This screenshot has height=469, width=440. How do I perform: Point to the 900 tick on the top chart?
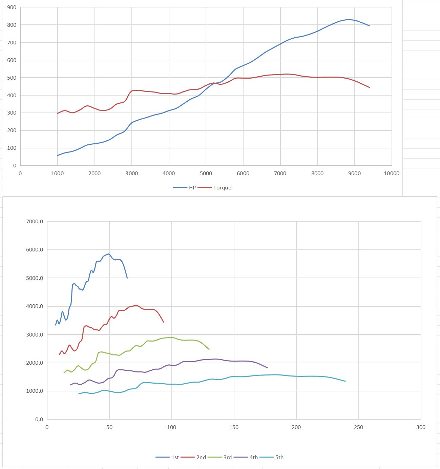pyautogui.click(x=12, y=7)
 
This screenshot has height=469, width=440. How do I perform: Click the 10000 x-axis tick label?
pyautogui.click(x=391, y=173)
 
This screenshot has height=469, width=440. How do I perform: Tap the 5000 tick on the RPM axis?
pyautogui.click(x=206, y=173)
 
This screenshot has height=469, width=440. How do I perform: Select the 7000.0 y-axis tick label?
pyautogui.click(x=35, y=222)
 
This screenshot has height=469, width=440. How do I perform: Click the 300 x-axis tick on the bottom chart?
pyautogui.click(x=421, y=427)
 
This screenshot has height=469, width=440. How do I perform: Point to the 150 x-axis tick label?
pyautogui.click(x=234, y=427)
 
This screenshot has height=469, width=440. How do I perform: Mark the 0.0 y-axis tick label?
pyautogui.click(x=39, y=419)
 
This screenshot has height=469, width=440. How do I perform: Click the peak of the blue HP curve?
pyautogui.click(x=349, y=20)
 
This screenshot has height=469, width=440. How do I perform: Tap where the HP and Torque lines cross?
pyautogui.click(x=214, y=83)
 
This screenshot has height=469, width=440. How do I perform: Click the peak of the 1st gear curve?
pyautogui.click(x=108, y=254)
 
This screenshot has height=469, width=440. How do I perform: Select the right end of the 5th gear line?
pyautogui.click(x=345, y=381)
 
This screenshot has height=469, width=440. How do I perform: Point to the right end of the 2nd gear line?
pyautogui.click(x=164, y=322)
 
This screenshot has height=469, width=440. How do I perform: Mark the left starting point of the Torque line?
pyautogui.click(x=58, y=113)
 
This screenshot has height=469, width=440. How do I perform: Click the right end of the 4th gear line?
pyautogui.click(x=268, y=368)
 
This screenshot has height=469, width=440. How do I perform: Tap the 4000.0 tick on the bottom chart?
pyautogui.click(x=35, y=306)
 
